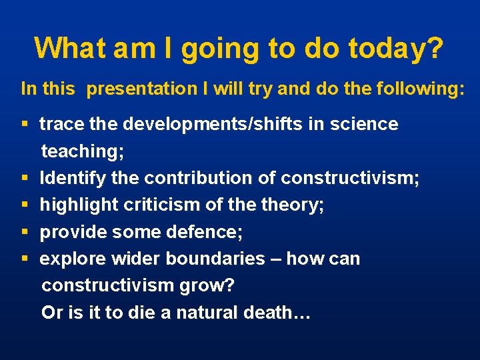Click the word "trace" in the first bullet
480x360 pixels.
click(62, 124)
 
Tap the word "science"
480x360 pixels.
click(364, 124)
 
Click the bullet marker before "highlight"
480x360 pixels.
click(25, 205)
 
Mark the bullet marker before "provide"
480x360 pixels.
click(25, 232)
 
